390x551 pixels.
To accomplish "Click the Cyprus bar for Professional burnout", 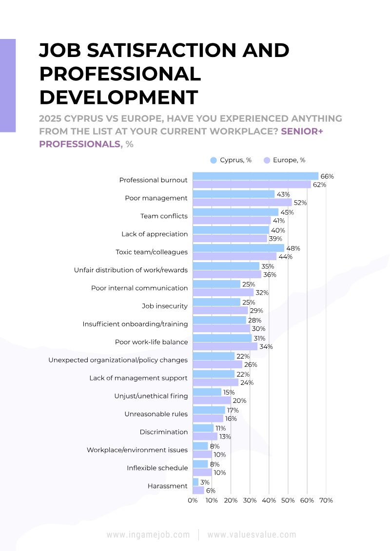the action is [255, 176].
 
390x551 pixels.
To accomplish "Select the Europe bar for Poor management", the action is [242, 202].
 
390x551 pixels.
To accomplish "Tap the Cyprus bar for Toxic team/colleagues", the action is [238, 248].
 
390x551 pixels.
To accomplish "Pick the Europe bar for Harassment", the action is [198, 490].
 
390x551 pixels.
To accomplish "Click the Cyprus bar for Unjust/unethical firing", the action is [207, 392].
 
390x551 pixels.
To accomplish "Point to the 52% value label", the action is [300, 203].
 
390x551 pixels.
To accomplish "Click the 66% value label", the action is [327, 176].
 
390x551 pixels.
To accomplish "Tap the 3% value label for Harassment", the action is [205, 482].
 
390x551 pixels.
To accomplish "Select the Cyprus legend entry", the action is [231, 160].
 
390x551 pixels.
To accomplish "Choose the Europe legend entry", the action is [285, 160].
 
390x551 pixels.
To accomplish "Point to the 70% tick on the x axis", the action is [326, 500].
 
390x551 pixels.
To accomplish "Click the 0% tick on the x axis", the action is [193, 500].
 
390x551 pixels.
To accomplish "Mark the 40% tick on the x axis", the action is [269, 500].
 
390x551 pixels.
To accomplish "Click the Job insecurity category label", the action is [165, 306].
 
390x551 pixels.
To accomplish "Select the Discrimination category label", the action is [164, 432].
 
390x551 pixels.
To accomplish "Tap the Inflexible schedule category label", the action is [157, 468].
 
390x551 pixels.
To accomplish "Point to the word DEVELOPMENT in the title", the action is [119, 97].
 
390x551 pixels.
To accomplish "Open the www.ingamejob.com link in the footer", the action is [148, 535].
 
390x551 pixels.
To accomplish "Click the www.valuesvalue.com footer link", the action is [252, 535].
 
